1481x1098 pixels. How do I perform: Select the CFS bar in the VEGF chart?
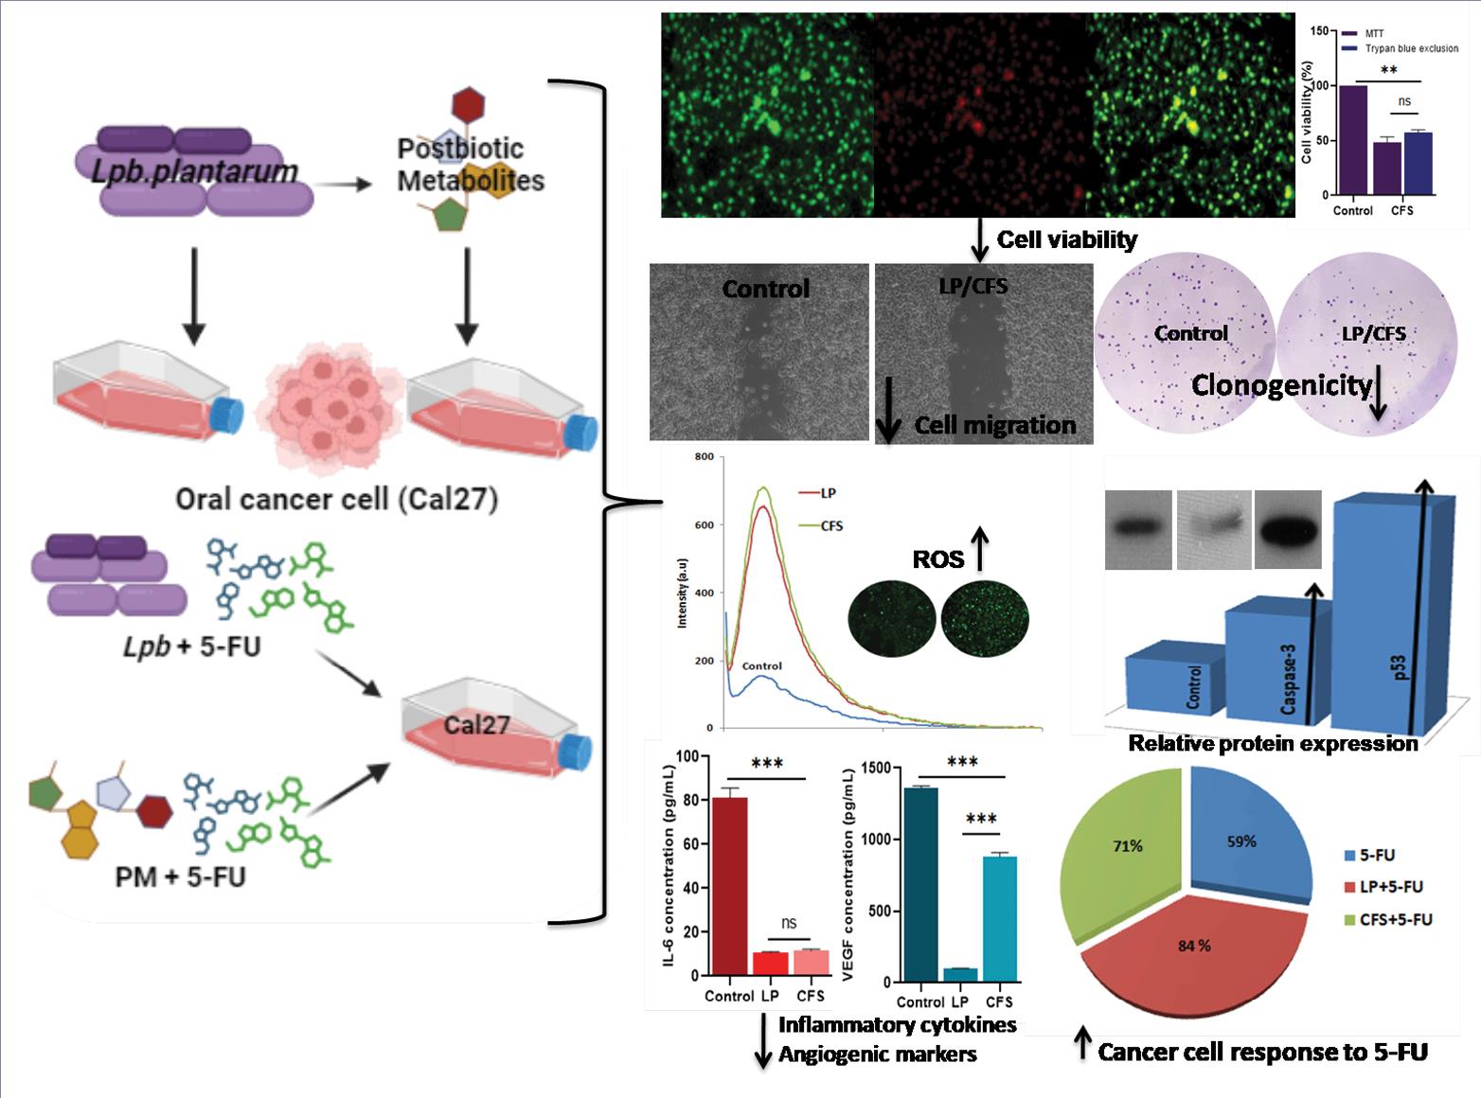[x=999, y=918]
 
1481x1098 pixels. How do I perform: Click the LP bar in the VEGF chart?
[x=960, y=975]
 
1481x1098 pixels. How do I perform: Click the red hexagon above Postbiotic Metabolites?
[x=469, y=103]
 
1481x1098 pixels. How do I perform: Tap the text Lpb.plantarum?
[x=195, y=171]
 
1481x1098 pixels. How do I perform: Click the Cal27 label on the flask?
[x=476, y=725]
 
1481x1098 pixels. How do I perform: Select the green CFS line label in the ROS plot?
[x=830, y=526]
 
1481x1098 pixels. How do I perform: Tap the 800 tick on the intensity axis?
[x=704, y=457]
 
